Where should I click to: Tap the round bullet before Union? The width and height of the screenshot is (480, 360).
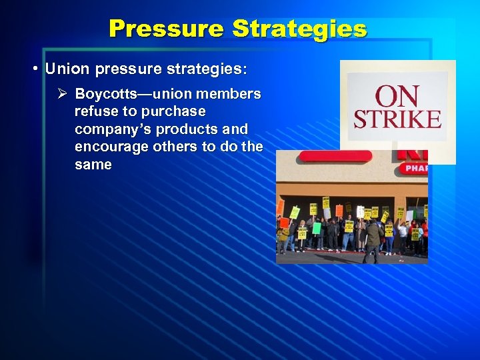tap(34, 69)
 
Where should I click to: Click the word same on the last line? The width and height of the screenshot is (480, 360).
tap(93, 165)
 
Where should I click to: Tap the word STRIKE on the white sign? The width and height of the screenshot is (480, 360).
tap(397, 119)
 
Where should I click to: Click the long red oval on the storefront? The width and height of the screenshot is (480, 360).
tap(335, 156)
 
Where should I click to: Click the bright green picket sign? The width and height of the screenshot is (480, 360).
tap(317, 227)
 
